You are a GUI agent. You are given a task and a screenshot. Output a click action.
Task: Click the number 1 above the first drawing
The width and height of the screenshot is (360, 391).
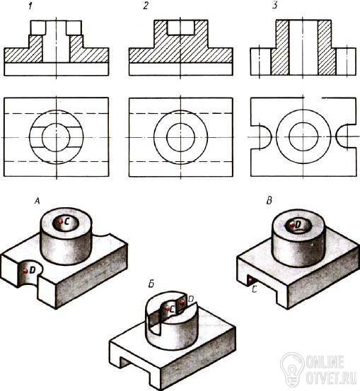(x=30, y=6)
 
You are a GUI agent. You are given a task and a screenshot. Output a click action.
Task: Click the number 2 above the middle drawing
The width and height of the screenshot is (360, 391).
(x=146, y=6)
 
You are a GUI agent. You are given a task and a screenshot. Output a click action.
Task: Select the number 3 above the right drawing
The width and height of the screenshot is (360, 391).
(x=274, y=6)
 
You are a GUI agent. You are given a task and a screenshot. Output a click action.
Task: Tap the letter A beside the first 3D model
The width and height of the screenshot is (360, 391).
(x=37, y=201)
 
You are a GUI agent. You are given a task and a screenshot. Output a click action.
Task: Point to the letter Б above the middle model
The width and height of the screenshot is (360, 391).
(x=151, y=284)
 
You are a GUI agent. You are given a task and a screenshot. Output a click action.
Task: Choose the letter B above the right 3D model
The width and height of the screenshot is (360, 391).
(x=269, y=201)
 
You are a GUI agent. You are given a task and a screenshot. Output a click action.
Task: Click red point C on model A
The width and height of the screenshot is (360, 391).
(x=61, y=221)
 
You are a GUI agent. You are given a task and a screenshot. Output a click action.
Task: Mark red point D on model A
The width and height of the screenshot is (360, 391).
(x=25, y=271)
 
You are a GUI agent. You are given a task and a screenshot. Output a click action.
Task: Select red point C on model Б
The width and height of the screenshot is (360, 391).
(x=167, y=308)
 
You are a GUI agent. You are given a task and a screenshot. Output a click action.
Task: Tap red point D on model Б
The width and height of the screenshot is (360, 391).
(x=182, y=302)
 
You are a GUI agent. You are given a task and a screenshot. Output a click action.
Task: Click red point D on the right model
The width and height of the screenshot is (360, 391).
(x=292, y=226)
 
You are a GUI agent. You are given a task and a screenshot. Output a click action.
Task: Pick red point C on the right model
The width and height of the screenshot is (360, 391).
(x=250, y=281)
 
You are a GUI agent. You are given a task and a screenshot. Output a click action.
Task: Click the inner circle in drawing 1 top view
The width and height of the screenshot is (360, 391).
(x=42, y=137)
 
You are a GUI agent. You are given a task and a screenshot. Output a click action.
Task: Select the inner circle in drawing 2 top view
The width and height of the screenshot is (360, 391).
(x=167, y=137)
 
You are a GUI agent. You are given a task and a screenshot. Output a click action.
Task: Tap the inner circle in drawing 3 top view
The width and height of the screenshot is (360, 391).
(x=289, y=136)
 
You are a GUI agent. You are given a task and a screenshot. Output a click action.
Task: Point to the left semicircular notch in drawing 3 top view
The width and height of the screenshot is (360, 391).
(x=270, y=136)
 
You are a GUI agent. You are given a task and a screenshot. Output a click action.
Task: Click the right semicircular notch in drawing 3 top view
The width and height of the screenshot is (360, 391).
(x=336, y=136)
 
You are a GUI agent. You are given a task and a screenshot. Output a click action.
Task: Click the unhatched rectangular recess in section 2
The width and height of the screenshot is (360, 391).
(x=181, y=28)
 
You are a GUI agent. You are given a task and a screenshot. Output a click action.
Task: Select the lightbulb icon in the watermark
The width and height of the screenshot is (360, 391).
(x=292, y=368)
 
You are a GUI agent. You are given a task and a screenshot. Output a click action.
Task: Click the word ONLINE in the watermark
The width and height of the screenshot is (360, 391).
(x=325, y=362)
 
